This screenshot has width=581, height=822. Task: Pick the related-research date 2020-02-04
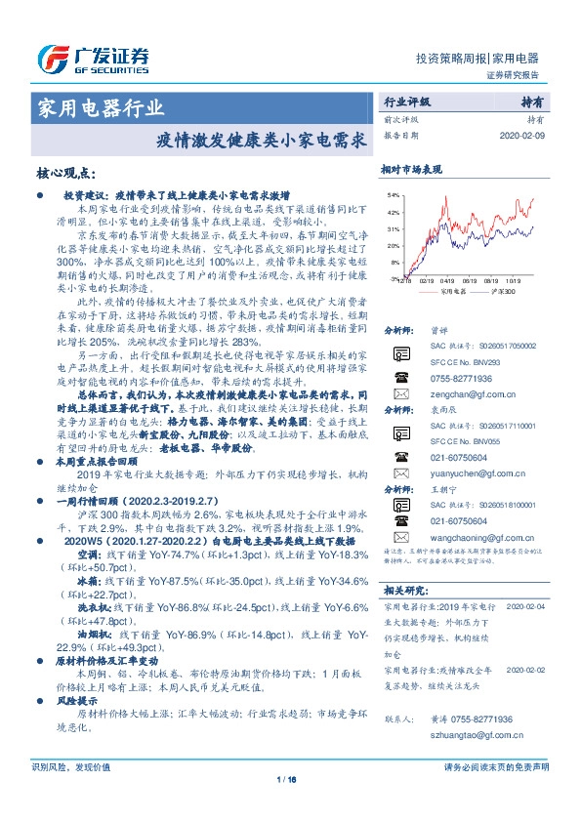[x=528, y=605]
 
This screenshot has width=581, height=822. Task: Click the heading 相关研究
[x=404, y=591]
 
